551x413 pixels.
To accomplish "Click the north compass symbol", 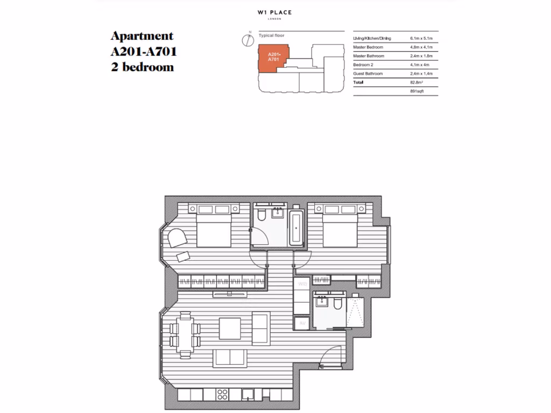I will [248, 39].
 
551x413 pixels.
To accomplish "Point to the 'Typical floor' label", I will [272, 35].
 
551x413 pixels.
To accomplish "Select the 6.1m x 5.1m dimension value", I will [421, 39].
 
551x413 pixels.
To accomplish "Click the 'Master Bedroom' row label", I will [368, 47].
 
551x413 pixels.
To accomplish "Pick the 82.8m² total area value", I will [418, 82].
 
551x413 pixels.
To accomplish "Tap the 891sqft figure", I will [418, 91].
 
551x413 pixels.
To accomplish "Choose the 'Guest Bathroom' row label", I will [368, 73].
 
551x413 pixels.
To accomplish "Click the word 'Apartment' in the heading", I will [142, 36].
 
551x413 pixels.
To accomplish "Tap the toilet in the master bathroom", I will [261, 216].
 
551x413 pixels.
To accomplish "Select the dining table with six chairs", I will [185, 334].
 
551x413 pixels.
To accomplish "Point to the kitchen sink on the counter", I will [248, 395].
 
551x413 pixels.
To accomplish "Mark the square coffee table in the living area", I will [229, 328].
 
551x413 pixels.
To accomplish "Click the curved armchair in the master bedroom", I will [176, 238].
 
